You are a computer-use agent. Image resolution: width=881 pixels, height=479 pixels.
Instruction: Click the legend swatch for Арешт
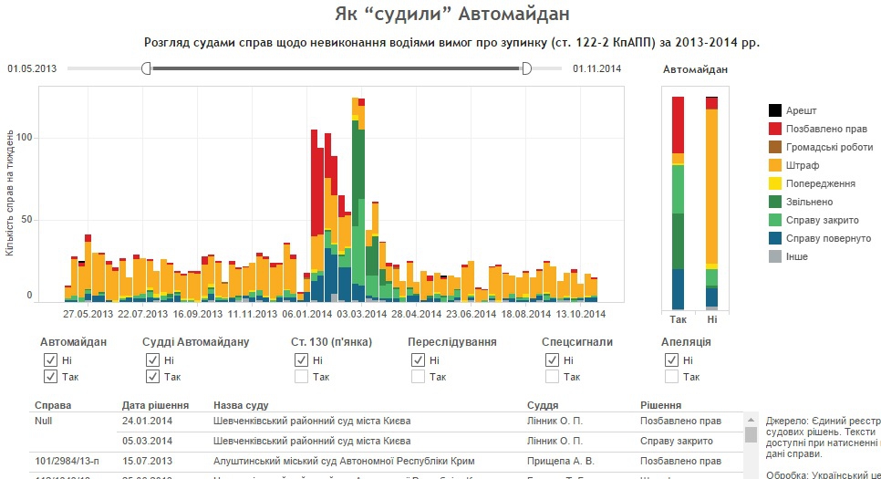click(775, 110)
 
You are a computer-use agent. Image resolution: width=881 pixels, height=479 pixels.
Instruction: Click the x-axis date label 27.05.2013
click(89, 314)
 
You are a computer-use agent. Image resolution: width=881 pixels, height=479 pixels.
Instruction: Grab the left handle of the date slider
click(146, 68)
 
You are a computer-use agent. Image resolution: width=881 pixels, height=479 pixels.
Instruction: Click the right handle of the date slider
click(525, 68)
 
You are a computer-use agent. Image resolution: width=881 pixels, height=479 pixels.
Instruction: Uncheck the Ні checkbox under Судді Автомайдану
click(152, 360)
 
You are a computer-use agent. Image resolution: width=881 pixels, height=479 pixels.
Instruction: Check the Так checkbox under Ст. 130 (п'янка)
click(301, 377)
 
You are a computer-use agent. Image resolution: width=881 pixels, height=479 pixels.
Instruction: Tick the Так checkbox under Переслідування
click(418, 377)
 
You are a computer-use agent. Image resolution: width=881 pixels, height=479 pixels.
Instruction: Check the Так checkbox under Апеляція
click(671, 377)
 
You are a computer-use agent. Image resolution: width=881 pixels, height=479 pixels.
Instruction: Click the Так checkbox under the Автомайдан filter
click(50, 377)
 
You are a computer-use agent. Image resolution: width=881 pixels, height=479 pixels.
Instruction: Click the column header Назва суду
click(240, 405)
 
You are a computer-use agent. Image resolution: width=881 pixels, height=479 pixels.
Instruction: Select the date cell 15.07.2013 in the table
click(147, 461)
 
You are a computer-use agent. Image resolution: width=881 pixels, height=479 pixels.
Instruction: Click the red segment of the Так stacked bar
click(678, 125)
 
